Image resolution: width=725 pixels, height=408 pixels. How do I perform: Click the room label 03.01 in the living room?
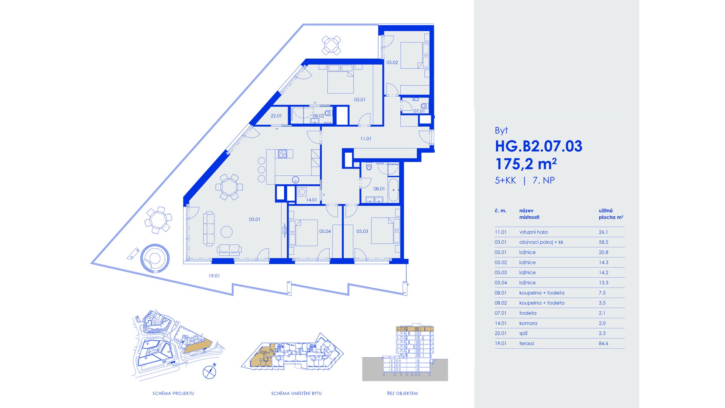tap(255, 219)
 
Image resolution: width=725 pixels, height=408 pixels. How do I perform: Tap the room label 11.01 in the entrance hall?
tap(366, 139)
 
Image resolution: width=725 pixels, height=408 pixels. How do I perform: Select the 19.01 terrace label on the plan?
tap(214, 276)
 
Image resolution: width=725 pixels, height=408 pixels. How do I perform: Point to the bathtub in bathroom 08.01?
tap(393, 190)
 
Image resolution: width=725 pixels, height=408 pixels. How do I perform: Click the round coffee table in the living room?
tap(227, 232)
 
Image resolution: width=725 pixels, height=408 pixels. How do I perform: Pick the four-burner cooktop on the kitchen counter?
tap(283, 153)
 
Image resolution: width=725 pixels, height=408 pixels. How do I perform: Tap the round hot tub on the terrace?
tap(155, 258)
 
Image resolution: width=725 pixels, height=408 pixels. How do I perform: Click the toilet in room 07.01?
tap(424, 106)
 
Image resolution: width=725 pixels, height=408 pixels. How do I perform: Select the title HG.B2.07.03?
tap(538, 146)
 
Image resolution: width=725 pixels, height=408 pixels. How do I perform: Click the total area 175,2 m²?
tap(526, 164)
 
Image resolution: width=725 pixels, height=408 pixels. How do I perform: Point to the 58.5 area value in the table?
tap(603, 242)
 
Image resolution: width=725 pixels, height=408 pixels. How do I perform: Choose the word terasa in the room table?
tap(526, 343)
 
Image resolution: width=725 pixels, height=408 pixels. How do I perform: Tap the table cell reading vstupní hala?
tap(533, 232)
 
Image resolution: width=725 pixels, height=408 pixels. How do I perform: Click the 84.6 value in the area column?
tap(603, 343)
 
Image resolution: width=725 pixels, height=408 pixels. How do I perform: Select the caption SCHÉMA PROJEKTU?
tap(173, 393)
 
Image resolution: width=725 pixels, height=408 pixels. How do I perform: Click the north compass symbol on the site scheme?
tap(210, 372)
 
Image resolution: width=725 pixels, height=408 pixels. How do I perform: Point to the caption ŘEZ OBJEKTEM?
tap(403, 393)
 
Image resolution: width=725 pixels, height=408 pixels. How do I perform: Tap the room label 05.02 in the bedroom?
tap(392, 63)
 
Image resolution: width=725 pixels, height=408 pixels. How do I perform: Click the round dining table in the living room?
tap(229, 187)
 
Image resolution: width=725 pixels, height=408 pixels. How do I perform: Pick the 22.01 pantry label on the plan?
tap(276, 116)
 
